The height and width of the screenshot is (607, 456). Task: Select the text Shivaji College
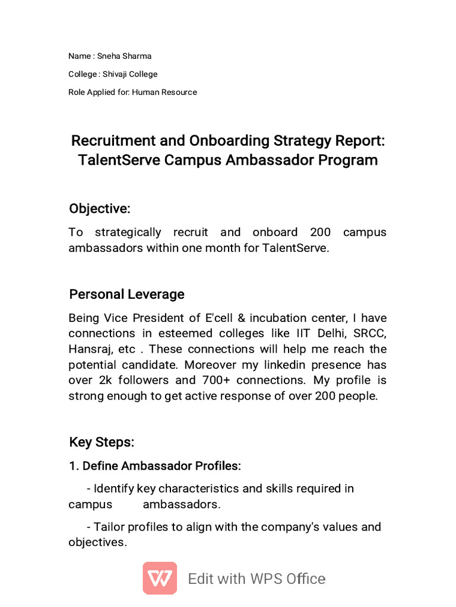pyautogui.click(x=130, y=74)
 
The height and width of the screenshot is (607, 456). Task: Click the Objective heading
pyautogui.click(x=99, y=209)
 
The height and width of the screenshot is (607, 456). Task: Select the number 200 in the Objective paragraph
pyautogui.click(x=321, y=232)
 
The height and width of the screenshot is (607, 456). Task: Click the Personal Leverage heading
pyautogui.click(x=126, y=295)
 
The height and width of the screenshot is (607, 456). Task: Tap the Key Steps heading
pyautogui.click(x=102, y=442)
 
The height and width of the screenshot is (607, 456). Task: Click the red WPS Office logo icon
pyautogui.click(x=160, y=578)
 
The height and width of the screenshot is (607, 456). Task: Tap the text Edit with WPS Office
pyautogui.click(x=256, y=579)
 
